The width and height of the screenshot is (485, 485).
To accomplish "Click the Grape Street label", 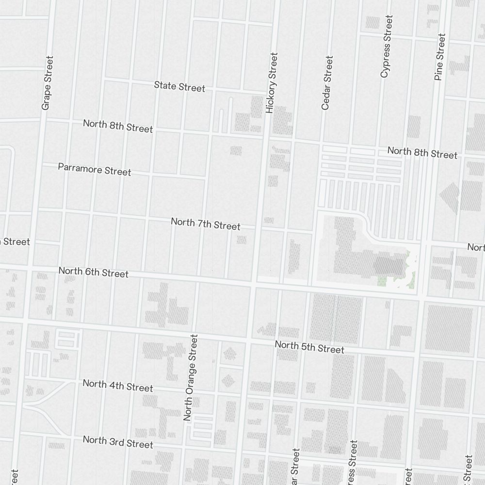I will coord(47,82).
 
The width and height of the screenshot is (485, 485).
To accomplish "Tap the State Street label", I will coord(179,87).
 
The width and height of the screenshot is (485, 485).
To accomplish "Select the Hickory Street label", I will coord(272,83).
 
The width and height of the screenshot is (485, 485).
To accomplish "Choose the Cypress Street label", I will coord(386,46).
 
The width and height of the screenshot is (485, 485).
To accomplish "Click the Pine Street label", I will coord(440,57).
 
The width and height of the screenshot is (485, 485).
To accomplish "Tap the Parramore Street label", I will coord(95,169).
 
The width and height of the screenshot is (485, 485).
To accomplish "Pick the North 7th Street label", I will coord(205,224).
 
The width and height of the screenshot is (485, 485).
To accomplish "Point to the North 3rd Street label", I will coord(118,442).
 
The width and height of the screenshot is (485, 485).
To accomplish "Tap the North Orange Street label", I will coord(192,377).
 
